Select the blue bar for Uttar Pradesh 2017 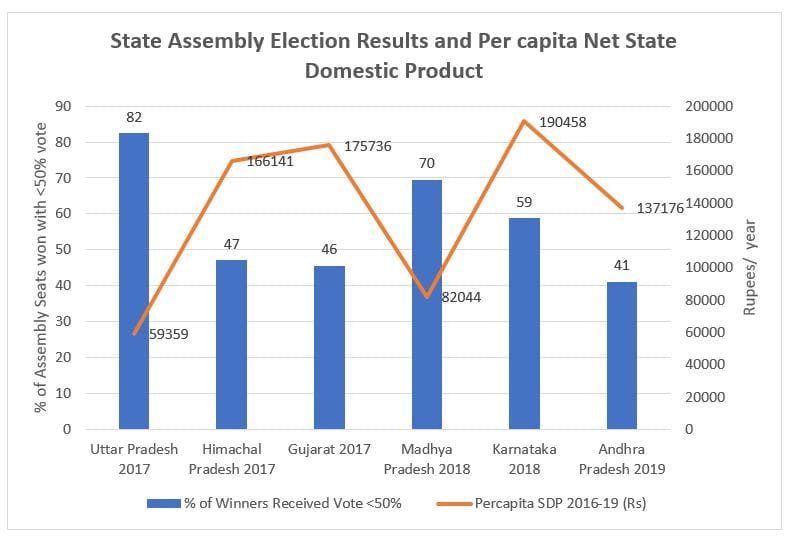click(134, 281)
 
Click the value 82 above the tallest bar click(134, 117)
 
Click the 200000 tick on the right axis click(710, 106)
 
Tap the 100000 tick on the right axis click(710, 268)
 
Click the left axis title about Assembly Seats click(41, 268)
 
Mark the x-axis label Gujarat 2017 click(329, 449)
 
